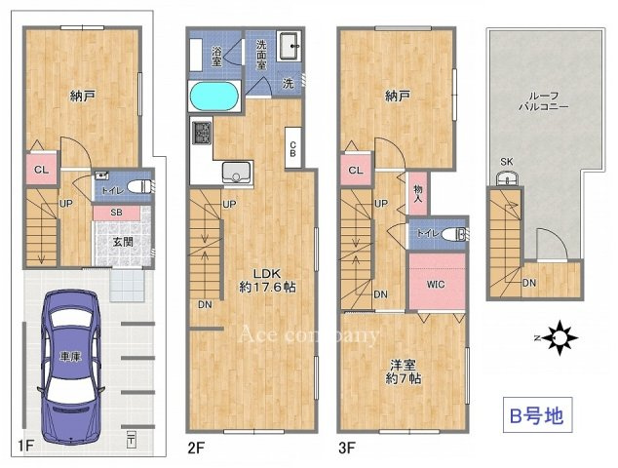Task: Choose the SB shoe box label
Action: (115, 211)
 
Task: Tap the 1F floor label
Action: (25, 448)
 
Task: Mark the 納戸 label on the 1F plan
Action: (83, 96)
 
